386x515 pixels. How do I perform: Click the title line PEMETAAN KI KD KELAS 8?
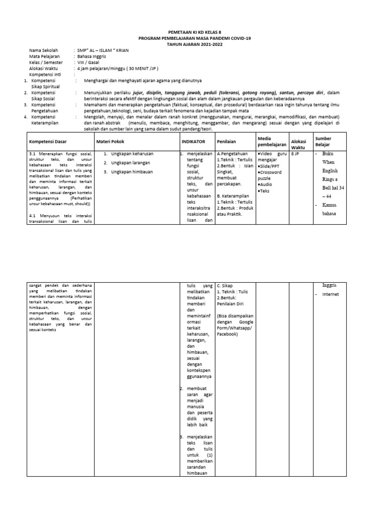point(193,31)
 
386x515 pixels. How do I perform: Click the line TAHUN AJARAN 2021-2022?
point(193,44)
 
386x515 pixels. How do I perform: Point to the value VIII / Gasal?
point(87,63)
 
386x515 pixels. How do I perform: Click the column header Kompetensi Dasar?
point(48,141)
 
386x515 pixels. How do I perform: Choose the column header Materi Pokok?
point(111,141)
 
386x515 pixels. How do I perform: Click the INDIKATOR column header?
point(194,141)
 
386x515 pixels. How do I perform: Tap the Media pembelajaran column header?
point(271,141)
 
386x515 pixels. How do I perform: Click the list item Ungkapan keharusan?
point(132,153)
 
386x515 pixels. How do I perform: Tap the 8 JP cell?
point(295,153)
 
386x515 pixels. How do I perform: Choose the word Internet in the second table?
point(332,294)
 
